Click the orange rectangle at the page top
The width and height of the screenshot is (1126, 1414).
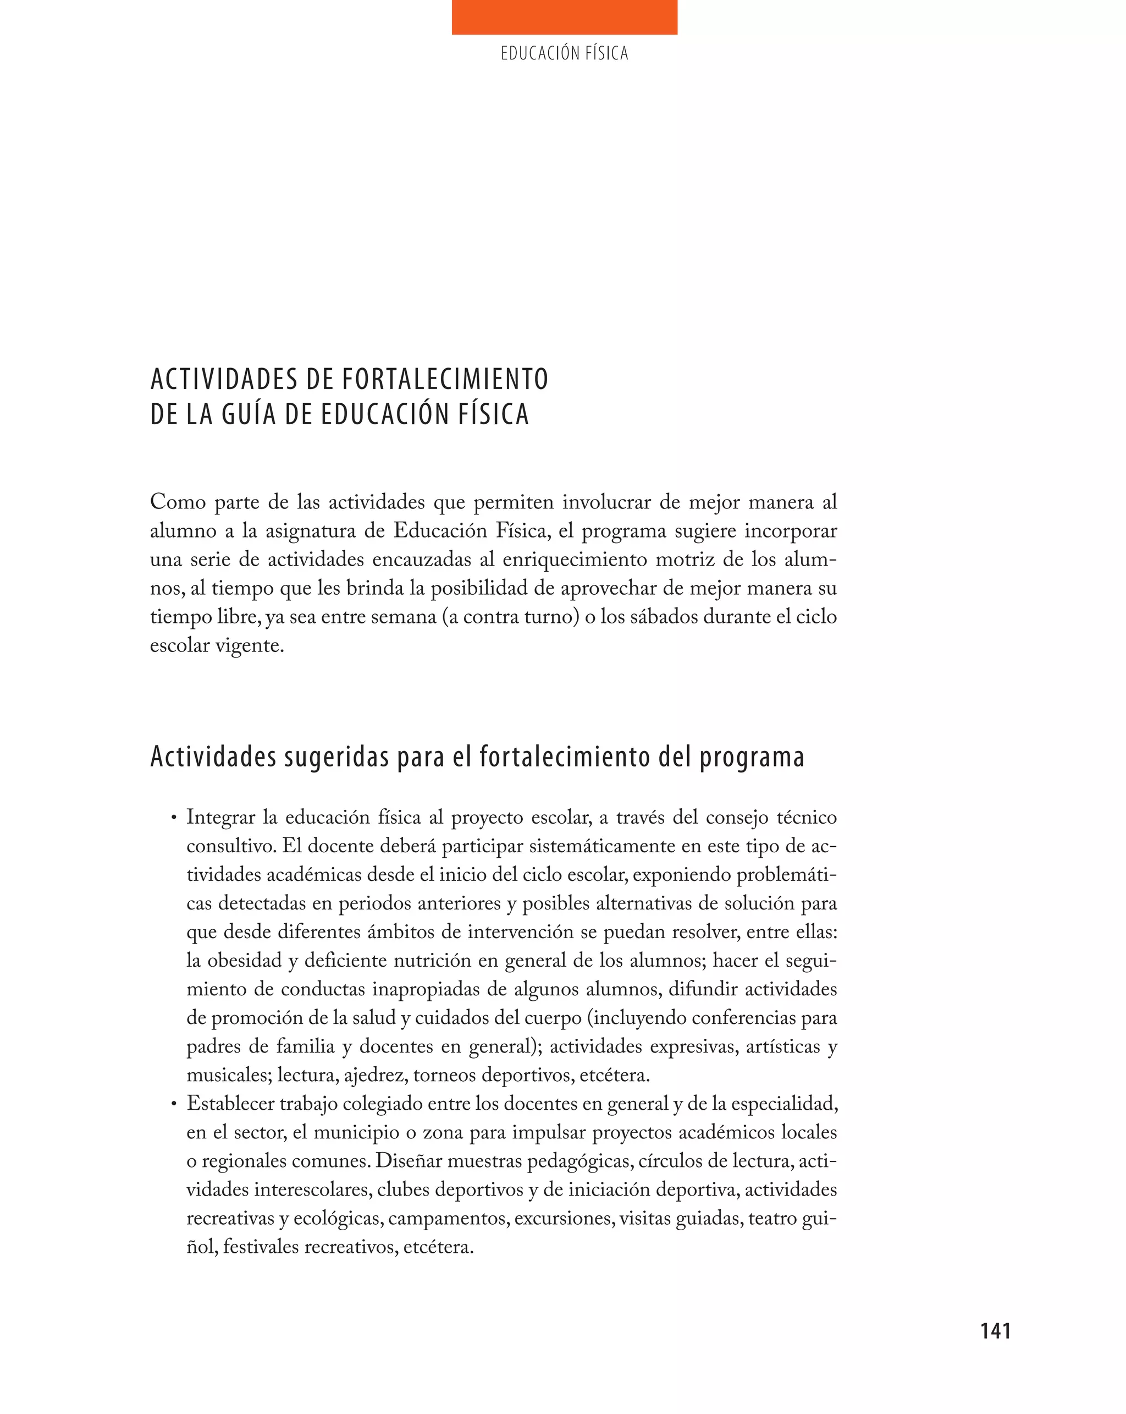pyautogui.click(x=564, y=17)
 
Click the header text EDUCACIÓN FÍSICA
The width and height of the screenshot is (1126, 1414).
pyautogui.click(x=564, y=53)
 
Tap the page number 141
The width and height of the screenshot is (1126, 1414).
pyautogui.click(x=995, y=1331)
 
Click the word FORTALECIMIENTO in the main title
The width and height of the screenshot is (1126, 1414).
pyautogui.click(x=445, y=379)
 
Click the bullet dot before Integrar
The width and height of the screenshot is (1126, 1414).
pyautogui.click(x=174, y=818)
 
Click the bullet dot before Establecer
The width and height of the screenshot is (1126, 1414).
pyautogui.click(x=174, y=1104)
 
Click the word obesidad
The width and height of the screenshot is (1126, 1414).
pyautogui.click(x=246, y=961)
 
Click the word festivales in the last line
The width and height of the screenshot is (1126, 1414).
pyautogui.click(x=261, y=1247)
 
